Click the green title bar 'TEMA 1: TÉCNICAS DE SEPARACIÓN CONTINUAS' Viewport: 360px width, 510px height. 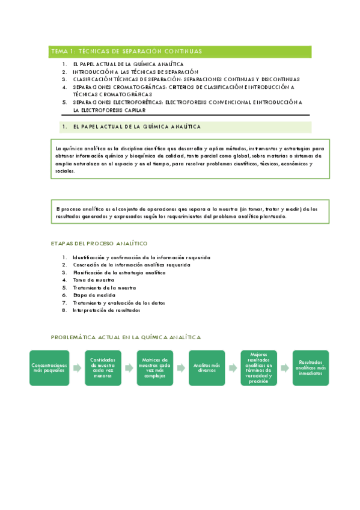coord(180,52)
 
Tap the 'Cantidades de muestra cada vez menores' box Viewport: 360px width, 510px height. coord(102,368)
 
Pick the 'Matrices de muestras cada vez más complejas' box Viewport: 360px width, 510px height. coord(154,368)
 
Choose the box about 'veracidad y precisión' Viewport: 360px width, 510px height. coord(258,368)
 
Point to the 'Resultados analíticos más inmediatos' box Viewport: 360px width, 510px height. coord(310,368)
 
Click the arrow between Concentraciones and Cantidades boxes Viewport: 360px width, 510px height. coord(76,368)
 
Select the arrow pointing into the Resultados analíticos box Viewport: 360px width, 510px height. coord(284,368)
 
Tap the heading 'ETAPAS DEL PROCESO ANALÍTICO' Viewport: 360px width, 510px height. coord(99,244)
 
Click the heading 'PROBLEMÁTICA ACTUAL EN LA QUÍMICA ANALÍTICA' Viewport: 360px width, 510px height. coord(126,338)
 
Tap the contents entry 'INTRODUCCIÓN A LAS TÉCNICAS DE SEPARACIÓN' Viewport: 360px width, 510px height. coord(135,72)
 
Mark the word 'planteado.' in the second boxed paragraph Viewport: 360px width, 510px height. coord(272,217)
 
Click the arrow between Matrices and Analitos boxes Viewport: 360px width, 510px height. coord(180,368)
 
